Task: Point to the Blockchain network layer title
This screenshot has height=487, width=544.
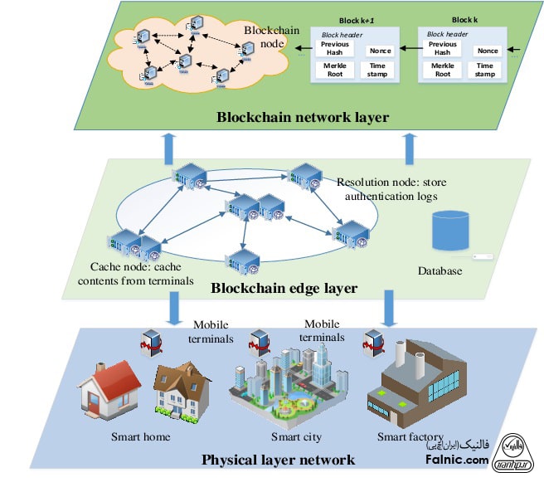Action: tap(303, 117)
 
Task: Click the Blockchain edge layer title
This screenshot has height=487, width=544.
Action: tap(284, 289)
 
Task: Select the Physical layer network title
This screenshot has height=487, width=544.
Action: tap(279, 459)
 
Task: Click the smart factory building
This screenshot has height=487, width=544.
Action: tap(415, 387)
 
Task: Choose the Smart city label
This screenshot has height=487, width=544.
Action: tap(296, 436)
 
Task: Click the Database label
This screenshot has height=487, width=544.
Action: tap(441, 270)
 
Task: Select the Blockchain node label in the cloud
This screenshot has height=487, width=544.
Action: tap(265, 37)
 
